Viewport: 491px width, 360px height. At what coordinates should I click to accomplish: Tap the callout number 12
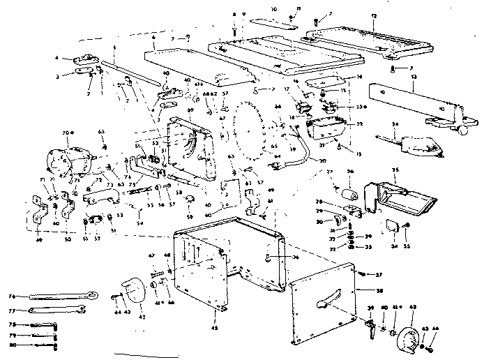(x=374, y=16)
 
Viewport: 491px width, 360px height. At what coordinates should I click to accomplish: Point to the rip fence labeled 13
(x=414, y=102)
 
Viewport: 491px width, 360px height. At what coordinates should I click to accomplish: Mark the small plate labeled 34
(x=392, y=226)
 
